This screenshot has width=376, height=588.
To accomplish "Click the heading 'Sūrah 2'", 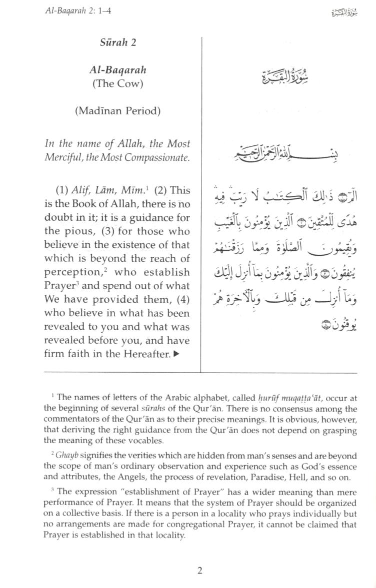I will click(x=117, y=42).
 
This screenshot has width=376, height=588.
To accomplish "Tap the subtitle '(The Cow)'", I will click(x=117, y=83).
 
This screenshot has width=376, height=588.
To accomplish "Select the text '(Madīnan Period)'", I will click(x=117, y=111).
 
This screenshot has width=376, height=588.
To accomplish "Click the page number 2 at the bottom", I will click(x=199, y=571).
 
